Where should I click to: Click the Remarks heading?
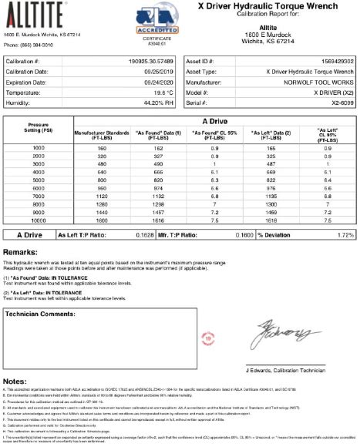click(x=23, y=252)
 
